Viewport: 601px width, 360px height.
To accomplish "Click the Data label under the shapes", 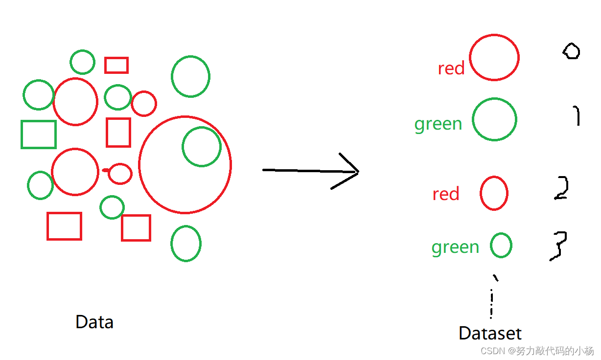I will [x=94, y=322].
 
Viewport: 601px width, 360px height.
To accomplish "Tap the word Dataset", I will [x=490, y=334].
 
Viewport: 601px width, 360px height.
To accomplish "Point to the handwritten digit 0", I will [x=571, y=51].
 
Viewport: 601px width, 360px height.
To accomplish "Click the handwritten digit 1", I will [x=577, y=116].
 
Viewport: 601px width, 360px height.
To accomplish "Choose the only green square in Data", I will [x=39, y=135].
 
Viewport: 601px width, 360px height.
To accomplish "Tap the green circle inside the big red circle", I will [x=201, y=146].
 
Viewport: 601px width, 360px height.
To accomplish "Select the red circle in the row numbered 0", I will [x=494, y=57].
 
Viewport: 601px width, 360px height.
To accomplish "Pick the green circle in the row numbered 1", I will [x=494, y=119].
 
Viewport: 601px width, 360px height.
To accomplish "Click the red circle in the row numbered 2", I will [x=494, y=193].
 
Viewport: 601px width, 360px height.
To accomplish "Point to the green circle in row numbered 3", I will [x=501, y=245].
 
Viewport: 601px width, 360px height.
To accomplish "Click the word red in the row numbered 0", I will [x=451, y=68].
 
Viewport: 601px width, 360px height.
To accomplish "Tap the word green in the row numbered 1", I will [x=438, y=124].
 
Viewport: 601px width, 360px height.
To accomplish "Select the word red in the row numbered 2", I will [x=445, y=194].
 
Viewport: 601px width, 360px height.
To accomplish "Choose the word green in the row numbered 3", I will [x=455, y=247].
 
